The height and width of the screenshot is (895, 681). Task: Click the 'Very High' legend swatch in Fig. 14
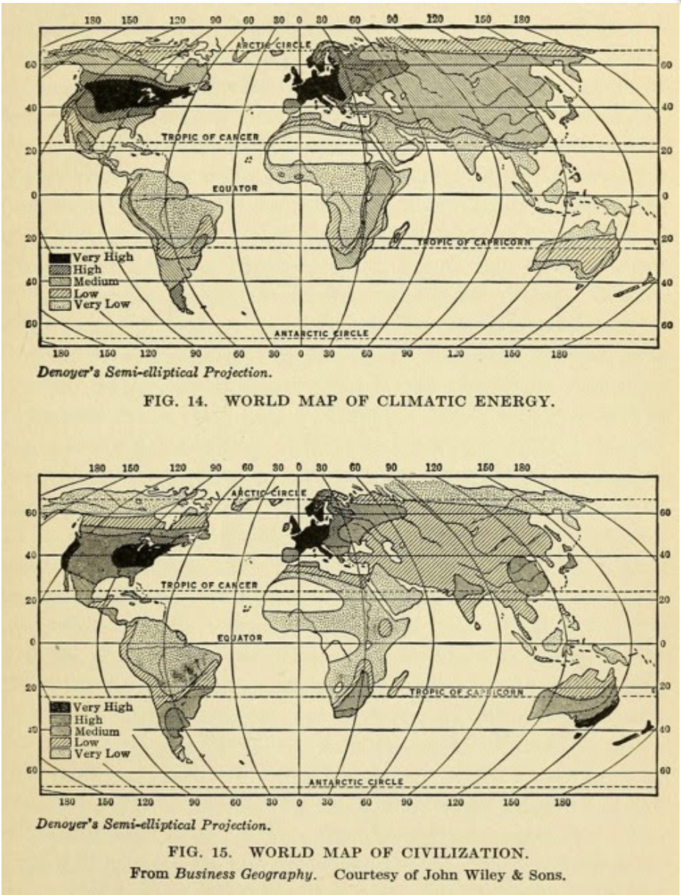(x=59, y=258)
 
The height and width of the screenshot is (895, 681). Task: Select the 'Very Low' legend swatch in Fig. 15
(x=59, y=754)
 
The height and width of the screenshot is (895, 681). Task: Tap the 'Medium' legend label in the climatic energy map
(x=95, y=282)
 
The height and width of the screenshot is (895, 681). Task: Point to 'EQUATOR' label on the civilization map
(x=238, y=638)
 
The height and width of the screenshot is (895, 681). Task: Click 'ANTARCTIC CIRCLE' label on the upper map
(x=321, y=334)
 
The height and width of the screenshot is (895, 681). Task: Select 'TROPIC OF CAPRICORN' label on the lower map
(x=467, y=692)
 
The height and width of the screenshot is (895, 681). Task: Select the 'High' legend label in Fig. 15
(x=87, y=720)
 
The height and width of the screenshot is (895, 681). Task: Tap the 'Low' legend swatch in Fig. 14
(x=59, y=293)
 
